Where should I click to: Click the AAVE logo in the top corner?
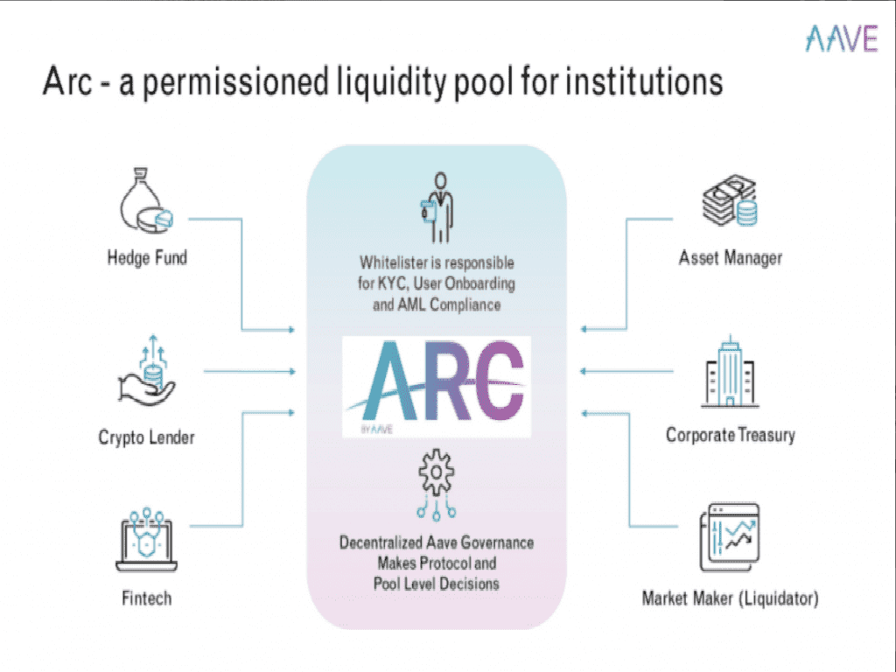point(841,38)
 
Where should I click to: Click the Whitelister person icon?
point(436,206)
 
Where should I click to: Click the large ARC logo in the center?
point(437,386)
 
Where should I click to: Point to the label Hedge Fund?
point(147,258)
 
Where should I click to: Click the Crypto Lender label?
point(146,437)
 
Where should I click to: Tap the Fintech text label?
point(146,599)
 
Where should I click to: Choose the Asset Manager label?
point(730,258)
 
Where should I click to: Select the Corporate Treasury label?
point(730,435)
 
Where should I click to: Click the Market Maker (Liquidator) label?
point(730,599)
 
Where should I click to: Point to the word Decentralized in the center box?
point(387,542)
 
